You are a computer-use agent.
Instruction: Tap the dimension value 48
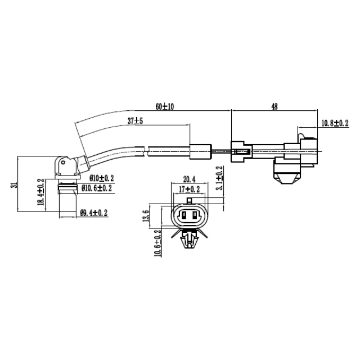274,106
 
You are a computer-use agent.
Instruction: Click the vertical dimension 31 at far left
13,184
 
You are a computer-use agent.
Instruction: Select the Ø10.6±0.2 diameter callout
97,187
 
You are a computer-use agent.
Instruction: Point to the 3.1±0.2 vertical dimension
220,178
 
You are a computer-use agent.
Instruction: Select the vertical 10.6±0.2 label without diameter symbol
158,243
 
